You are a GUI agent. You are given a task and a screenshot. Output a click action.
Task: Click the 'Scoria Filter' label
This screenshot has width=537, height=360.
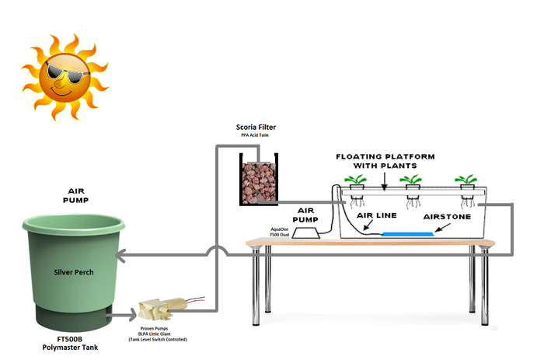tap(256, 127)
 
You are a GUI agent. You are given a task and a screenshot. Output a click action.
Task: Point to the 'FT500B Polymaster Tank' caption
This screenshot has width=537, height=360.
tap(69, 344)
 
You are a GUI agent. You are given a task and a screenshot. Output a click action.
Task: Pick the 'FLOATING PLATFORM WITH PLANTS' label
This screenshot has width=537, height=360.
tap(385, 160)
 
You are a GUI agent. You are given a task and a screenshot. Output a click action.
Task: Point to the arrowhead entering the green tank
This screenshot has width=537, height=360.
tap(122, 253)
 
